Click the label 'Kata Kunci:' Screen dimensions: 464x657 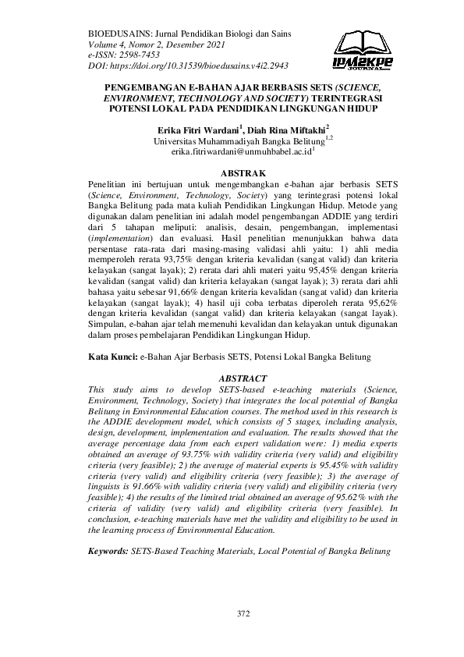[112, 356]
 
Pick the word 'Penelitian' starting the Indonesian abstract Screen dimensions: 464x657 [113, 183]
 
